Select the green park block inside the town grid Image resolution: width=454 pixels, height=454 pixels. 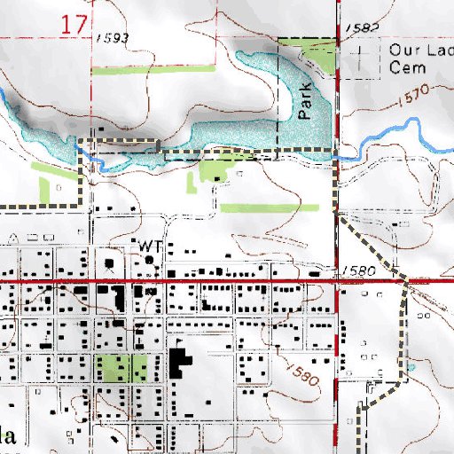[x=121, y=367]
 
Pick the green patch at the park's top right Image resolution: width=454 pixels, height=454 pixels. [x=319, y=58]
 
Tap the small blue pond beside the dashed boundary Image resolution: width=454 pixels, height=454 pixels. [x=411, y=366]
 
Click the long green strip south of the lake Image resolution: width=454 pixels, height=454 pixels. [x=269, y=208]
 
